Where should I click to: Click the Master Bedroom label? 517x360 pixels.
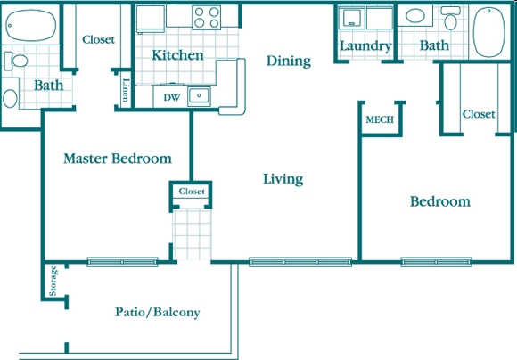(118, 159)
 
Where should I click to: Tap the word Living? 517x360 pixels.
(283, 179)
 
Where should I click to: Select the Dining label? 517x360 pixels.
(289, 61)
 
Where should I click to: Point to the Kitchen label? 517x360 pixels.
(177, 55)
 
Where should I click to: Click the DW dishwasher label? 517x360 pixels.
(172, 98)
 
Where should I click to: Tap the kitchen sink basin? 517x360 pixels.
(199, 96)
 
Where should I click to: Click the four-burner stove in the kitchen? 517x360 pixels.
(207, 18)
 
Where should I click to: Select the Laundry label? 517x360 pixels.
(365, 46)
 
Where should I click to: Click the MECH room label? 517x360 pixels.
(380, 119)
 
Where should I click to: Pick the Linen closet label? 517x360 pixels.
(126, 90)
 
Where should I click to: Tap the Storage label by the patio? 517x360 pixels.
(53, 281)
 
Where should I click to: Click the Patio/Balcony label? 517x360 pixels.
(158, 312)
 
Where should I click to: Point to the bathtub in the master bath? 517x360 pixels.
(30, 25)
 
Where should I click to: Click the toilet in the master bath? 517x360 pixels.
(16, 61)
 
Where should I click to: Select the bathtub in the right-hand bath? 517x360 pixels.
(488, 32)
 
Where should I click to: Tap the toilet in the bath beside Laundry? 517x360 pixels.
(450, 18)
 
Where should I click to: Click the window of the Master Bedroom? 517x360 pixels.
(123, 262)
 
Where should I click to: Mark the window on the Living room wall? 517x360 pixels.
(300, 262)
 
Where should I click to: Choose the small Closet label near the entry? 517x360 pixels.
(192, 192)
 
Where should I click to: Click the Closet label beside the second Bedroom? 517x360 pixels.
(479, 114)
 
